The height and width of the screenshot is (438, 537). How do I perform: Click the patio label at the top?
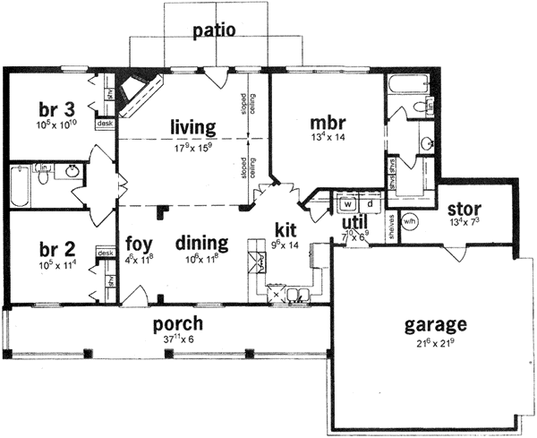pyautogui.click(x=214, y=30)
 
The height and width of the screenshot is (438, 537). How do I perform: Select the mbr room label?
pyautogui.click(x=329, y=121)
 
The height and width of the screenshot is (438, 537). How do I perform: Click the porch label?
pyautogui.click(x=176, y=322)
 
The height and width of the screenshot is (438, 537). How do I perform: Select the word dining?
pyautogui.click(x=201, y=243)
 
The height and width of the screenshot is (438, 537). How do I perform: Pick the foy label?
pyautogui.click(x=137, y=243)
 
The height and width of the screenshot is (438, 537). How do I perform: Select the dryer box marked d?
pyautogui.click(x=368, y=203)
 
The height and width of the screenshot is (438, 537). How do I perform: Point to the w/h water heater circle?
pyautogui.click(x=411, y=222)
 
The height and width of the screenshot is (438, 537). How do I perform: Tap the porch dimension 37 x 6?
pyautogui.click(x=176, y=339)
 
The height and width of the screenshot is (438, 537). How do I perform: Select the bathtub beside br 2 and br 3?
pyautogui.click(x=20, y=186)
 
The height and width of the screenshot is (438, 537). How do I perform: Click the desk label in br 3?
pyautogui.click(x=105, y=124)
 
